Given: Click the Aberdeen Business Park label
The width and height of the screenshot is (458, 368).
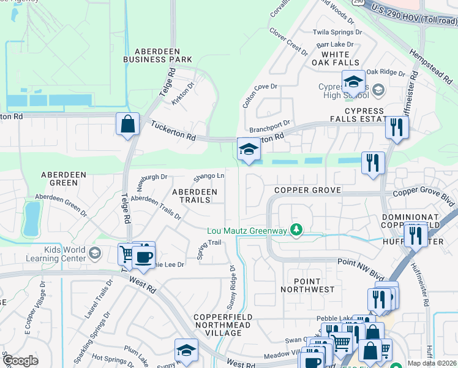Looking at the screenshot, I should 157,55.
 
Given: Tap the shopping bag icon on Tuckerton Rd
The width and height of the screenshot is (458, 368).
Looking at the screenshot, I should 127,125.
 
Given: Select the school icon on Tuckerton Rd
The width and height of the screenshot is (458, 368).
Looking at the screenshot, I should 248,150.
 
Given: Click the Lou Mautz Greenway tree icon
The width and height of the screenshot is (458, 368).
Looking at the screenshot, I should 297,230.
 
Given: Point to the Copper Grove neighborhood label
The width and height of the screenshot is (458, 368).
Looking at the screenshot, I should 307,190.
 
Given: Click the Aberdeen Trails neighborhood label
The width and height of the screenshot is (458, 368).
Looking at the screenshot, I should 194,196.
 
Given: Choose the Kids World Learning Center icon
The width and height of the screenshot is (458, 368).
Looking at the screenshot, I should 94,253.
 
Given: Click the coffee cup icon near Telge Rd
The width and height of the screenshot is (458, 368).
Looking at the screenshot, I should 144,256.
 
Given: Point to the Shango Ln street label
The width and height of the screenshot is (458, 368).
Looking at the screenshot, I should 209,177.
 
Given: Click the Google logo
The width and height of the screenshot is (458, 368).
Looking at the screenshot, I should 20,361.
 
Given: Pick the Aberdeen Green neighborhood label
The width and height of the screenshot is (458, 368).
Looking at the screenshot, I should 59,178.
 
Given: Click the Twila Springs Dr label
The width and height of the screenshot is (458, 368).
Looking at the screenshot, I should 337,32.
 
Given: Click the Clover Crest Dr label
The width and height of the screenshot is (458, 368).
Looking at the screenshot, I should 288,41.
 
